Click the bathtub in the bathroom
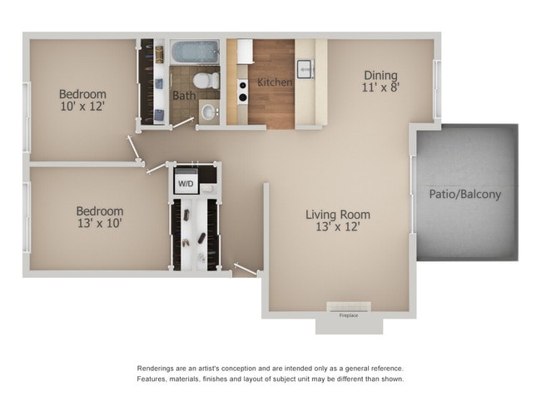click(195, 52)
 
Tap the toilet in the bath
click(205, 81)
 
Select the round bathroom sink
click(209, 110)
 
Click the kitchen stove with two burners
click(242, 91)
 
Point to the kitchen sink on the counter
click(305, 69)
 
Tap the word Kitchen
click(275, 82)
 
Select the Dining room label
click(379, 75)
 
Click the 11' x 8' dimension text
click(379, 87)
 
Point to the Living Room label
click(337, 215)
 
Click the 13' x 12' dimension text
click(337, 226)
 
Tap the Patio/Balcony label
click(465, 195)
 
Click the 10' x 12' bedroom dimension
click(82, 107)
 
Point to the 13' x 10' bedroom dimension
click(99, 223)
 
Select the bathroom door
click(181, 124)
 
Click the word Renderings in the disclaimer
click(161, 368)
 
